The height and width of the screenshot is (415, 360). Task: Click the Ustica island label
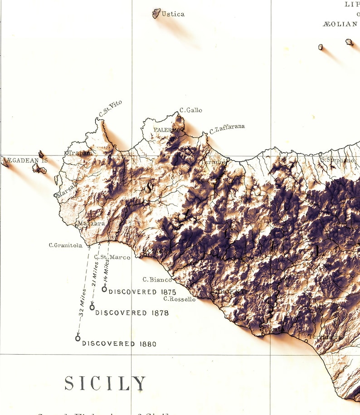coord(173,14)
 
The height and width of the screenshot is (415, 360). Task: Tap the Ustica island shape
coord(156,13)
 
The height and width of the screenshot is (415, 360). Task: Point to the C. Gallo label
coord(191,110)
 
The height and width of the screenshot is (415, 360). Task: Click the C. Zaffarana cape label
coord(227,129)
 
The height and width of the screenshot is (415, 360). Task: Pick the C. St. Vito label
coord(110,109)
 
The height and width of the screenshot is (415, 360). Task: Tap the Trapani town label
coord(80,153)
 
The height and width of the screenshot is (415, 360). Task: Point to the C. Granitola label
coord(66,245)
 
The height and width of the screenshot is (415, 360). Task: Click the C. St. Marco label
coord(112,257)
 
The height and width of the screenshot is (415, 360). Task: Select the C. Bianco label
coord(157,280)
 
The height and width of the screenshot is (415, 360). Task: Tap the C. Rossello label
coord(180,299)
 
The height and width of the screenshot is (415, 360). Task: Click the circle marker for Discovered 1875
coord(104,289)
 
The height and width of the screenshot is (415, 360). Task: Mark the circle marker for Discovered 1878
coord(92,307)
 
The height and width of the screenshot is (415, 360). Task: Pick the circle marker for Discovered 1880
coord(78,338)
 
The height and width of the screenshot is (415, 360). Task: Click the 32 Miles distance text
coord(82,307)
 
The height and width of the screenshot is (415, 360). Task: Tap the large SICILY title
coord(105,384)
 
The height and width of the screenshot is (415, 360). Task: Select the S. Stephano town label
coord(338,160)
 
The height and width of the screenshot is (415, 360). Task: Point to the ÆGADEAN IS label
coord(26,160)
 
